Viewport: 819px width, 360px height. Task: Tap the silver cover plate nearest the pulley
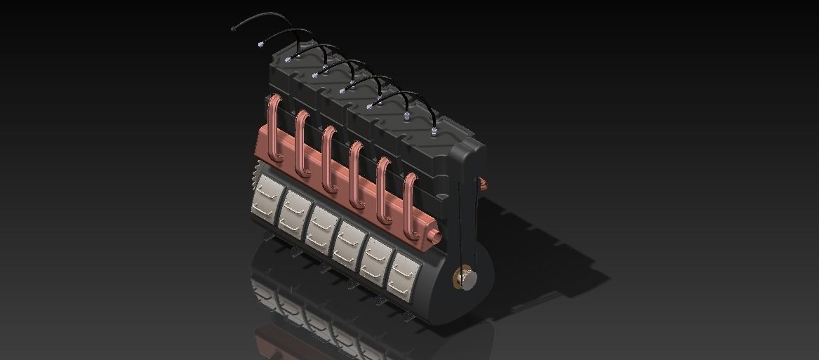coord(402,273)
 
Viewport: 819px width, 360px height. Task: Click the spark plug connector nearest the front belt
coord(435,131)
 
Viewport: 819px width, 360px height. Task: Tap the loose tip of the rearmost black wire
coord(234,29)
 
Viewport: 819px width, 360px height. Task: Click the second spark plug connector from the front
coord(406,113)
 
